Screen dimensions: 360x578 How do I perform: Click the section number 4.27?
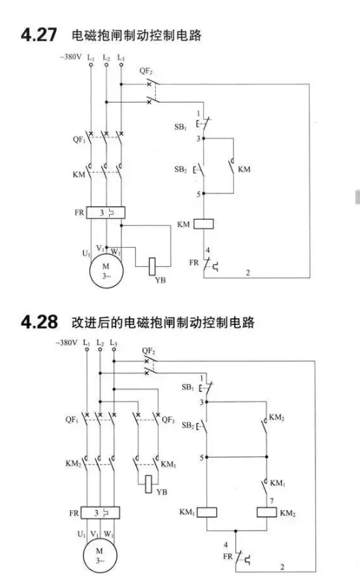click(x=39, y=35)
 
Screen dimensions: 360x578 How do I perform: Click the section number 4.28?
click(x=39, y=322)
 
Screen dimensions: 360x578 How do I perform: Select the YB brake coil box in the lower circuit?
click(x=149, y=484)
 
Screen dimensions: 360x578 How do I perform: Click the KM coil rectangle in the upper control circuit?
click(x=203, y=224)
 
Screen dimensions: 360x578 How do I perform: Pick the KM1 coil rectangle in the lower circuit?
click(x=206, y=512)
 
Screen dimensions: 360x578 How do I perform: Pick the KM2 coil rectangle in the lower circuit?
click(x=266, y=512)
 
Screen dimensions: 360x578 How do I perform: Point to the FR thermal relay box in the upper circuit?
click(x=106, y=212)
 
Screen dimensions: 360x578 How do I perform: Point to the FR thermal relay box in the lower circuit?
click(x=100, y=513)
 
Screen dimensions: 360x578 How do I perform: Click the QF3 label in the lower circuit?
click(x=168, y=420)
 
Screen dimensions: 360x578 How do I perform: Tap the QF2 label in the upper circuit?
click(x=146, y=71)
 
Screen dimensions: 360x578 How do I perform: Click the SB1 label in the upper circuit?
click(x=181, y=127)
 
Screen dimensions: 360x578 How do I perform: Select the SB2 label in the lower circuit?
click(x=188, y=426)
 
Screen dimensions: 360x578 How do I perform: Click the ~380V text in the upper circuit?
click(x=70, y=57)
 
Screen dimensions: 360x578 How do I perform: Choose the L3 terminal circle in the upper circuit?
click(x=121, y=65)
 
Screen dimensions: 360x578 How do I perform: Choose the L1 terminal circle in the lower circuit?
click(x=86, y=349)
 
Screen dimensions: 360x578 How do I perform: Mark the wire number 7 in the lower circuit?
click(x=272, y=501)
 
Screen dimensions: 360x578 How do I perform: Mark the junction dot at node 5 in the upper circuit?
click(x=203, y=193)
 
